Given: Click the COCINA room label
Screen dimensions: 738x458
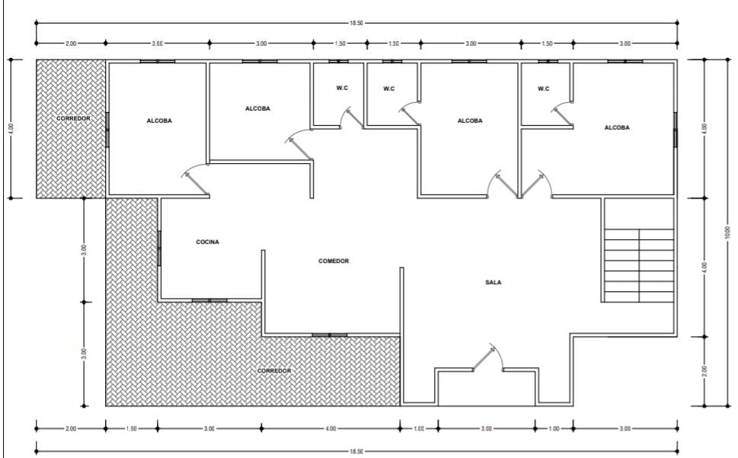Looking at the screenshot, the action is pyautogui.click(x=208, y=242).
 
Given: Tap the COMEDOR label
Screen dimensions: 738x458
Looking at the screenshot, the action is pyautogui.click(x=334, y=261).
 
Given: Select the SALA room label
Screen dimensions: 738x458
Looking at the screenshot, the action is pyautogui.click(x=494, y=283).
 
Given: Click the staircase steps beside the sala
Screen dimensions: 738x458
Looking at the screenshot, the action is pyautogui.click(x=639, y=265).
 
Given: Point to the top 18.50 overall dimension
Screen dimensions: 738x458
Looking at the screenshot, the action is pyautogui.click(x=356, y=23).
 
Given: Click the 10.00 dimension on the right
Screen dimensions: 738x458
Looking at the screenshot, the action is pyautogui.click(x=727, y=232).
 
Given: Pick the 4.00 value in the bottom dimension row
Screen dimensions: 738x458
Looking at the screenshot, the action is pyautogui.click(x=331, y=428).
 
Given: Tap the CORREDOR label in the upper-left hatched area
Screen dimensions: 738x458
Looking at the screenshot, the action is pyautogui.click(x=73, y=118).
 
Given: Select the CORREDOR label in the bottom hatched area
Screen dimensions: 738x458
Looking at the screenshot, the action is pyautogui.click(x=274, y=371).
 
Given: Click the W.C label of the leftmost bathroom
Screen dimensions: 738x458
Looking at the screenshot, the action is pyautogui.click(x=342, y=88).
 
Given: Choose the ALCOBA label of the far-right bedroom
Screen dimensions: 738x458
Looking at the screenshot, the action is pyautogui.click(x=617, y=127).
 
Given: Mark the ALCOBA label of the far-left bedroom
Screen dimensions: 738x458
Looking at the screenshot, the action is pyautogui.click(x=159, y=121).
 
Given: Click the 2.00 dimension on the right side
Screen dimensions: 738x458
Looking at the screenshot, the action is pyautogui.click(x=704, y=371).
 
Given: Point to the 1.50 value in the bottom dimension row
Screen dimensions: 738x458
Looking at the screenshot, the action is pyautogui.click(x=131, y=428).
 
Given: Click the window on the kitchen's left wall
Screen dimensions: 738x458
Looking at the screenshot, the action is pyautogui.click(x=159, y=248).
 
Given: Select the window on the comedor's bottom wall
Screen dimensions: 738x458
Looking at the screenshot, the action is pyautogui.click(x=330, y=335).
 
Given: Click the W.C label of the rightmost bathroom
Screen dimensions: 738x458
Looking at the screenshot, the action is pyautogui.click(x=544, y=88).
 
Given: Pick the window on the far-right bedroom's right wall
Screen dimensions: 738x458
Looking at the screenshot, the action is pyautogui.click(x=676, y=130).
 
